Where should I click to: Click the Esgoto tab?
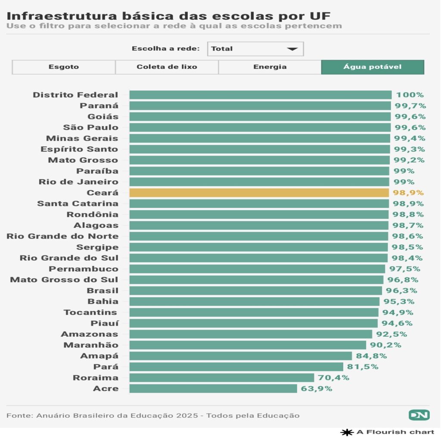click(x=64, y=67)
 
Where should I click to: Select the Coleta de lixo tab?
click(x=167, y=67)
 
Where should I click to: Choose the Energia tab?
click(x=270, y=67)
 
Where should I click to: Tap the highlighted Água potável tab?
click(x=373, y=67)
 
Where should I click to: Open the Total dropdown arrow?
click(x=292, y=49)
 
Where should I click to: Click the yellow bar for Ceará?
click(x=259, y=193)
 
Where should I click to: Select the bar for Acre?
click(x=213, y=388)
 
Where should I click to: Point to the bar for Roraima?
click(x=222, y=378)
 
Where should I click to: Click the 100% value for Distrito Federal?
click(x=410, y=95)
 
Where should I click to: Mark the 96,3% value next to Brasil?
click(x=400, y=291)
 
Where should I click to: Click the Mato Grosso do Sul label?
click(x=64, y=280)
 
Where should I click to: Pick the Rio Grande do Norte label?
click(x=62, y=236)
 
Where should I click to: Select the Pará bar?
click(x=236, y=367)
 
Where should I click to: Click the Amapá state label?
click(x=99, y=356)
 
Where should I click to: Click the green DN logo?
click(x=419, y=415)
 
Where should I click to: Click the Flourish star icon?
click(x=347, y=432)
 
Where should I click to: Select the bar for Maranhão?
click(x=248, y=345)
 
